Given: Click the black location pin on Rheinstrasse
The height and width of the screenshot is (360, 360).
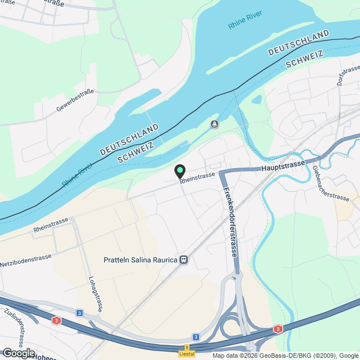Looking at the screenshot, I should click(x=180, y=170).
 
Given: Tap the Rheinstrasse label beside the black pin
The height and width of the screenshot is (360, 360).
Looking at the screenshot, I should click(x=198, y=176).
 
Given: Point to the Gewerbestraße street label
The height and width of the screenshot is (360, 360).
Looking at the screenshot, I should click(x=75, y=99).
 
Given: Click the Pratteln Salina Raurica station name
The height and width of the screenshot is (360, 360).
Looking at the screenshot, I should click(x=141, y=260).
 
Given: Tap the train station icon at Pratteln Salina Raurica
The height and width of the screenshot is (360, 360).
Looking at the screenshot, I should click(x=183, y=260).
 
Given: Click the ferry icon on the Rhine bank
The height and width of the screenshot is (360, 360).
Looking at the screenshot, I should click(x=214, y=124).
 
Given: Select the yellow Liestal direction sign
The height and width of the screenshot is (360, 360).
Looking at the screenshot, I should click(x=187, y=354).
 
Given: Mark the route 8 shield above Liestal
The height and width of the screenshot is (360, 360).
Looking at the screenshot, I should click(x=187, y=348).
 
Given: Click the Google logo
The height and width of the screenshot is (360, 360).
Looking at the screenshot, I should click(x=18, y=353).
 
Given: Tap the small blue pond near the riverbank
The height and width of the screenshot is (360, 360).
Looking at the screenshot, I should click(x=257, y=100).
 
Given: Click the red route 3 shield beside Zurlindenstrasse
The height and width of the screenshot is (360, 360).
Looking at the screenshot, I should click(x=56, y=321).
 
